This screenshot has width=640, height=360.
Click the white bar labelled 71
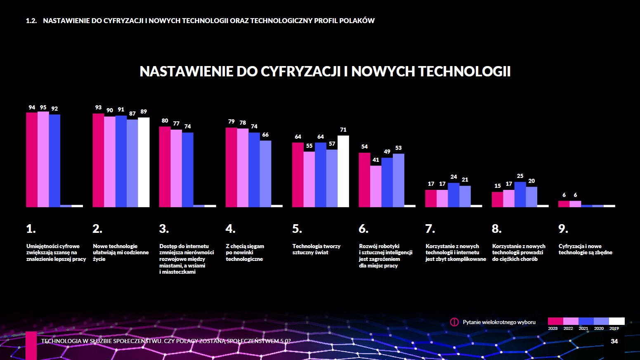(343, 171)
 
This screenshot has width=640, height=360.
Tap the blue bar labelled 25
(520, 194)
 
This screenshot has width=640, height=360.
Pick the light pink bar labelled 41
(375, 186)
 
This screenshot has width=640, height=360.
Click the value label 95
(43, 107)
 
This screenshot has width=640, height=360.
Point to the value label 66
(265, 135)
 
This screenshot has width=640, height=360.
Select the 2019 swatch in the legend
(617, 321)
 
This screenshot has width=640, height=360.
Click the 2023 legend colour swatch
(555, 321)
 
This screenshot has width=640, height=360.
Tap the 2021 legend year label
(583, 329)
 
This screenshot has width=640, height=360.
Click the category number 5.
(297, 229)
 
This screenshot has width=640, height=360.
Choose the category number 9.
(563, 229)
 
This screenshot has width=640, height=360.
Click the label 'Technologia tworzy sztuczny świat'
(316, 249)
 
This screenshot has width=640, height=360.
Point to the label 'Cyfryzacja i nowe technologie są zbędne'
(585, 249)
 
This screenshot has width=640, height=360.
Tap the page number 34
(614, 341)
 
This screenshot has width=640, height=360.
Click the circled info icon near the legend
(454, 322)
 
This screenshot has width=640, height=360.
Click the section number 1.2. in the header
(31, 21)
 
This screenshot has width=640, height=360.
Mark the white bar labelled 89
(144, 162)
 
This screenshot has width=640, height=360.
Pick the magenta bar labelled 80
(165, 167)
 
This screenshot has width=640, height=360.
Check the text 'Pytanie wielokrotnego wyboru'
(499, 322)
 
